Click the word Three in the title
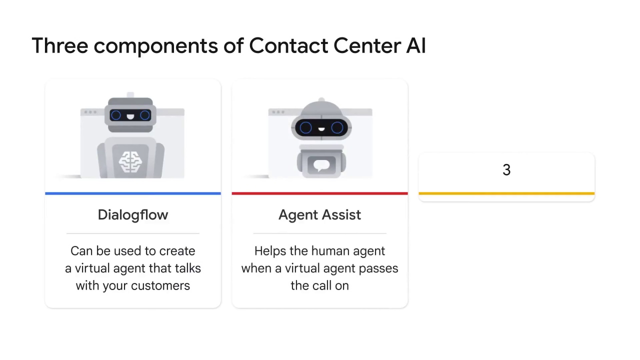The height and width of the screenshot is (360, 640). point(60,45)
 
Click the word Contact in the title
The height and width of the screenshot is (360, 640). point(288,45)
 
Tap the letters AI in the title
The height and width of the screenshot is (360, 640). point(416,45)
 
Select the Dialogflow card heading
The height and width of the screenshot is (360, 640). point(133,215)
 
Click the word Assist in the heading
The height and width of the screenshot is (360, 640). point(341,215)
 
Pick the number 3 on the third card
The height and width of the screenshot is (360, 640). point(506,169)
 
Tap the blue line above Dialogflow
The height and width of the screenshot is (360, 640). point(133,193)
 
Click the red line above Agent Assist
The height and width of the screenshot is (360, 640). point(319,193)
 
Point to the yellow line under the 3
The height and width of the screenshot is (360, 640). point(506,193)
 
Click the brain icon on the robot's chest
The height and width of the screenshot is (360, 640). point(130,162)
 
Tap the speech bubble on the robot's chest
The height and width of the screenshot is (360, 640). point(321,165)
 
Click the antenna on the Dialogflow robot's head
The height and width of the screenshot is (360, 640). point(130,95)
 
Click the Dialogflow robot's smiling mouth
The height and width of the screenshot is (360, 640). point(130,116)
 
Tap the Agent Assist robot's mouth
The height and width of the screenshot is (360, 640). point(321,129)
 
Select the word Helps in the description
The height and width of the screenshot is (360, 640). point(270,251)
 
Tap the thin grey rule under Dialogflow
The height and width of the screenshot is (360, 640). point(133,233)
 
